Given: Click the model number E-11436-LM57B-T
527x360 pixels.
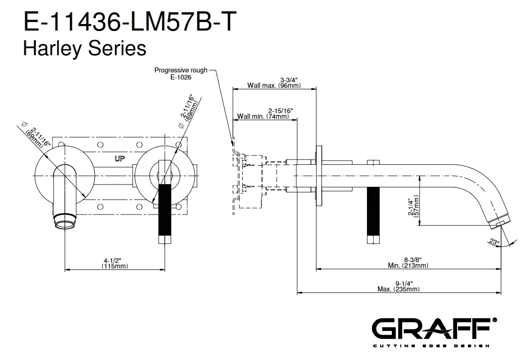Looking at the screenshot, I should coord(128,23).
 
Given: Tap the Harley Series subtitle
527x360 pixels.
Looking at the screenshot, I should coord(84,49).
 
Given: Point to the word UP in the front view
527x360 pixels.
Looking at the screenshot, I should coord(120,159).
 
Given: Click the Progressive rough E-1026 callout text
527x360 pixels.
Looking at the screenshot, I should coord(181,73).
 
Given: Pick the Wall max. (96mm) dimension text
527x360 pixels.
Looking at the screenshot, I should coord(274,86).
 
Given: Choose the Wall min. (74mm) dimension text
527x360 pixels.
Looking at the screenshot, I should coord(263,116).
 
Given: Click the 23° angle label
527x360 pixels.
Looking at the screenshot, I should coord(492,242).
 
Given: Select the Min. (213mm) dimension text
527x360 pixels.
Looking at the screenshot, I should coord(408,266).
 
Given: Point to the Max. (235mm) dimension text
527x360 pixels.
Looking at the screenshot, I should coord(398,289).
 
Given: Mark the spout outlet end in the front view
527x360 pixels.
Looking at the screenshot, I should coord(65,222).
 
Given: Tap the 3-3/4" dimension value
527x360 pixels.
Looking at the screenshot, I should coord(290,79).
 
